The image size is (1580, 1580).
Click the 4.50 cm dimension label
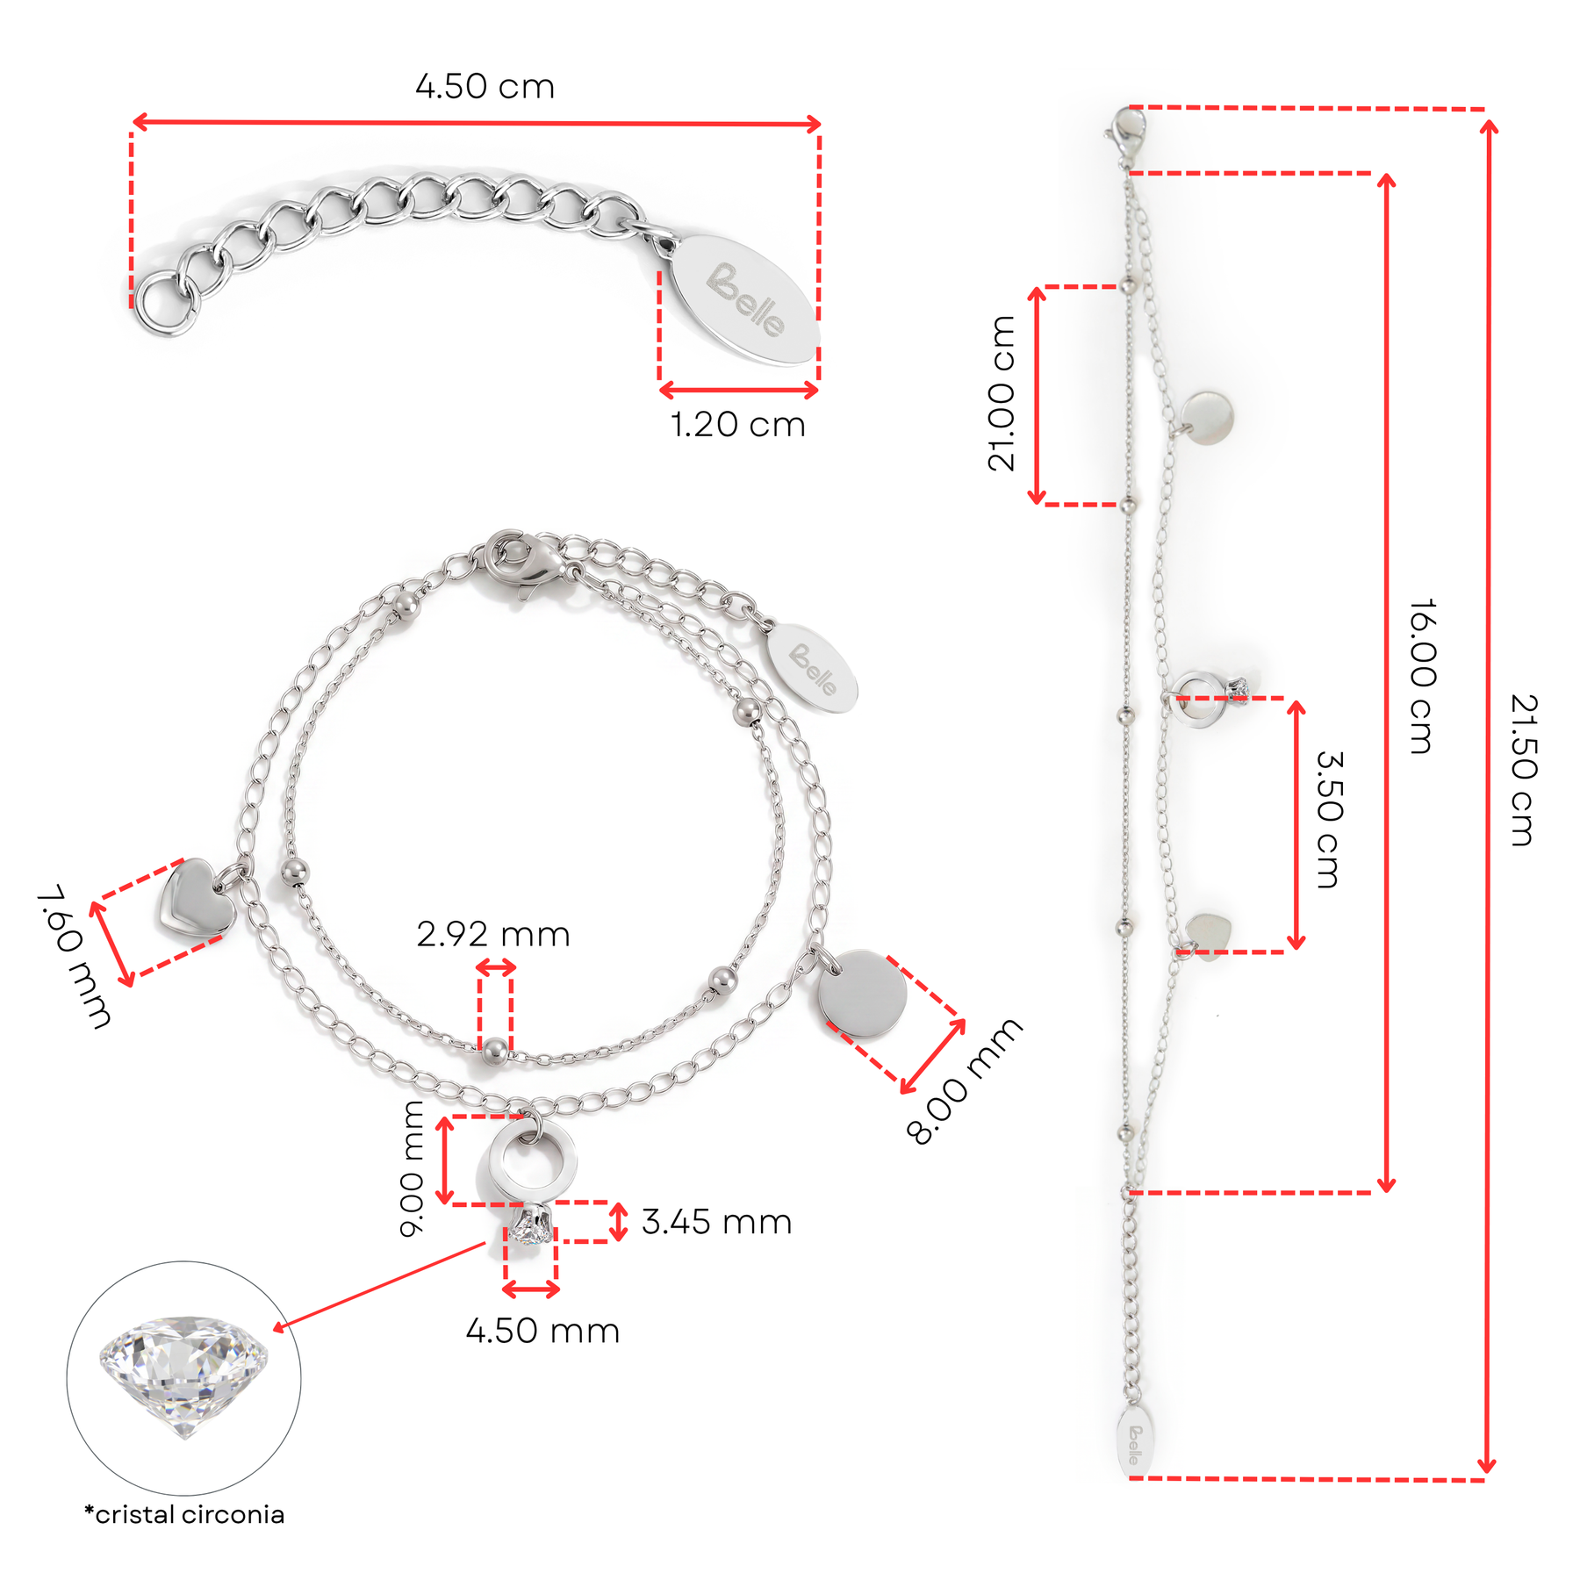(x=485, y=87)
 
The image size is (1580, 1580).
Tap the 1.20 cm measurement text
(x=737, y=425)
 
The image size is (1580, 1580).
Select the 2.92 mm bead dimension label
(x=493, y=934)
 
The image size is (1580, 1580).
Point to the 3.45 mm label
(x=716, y=1222)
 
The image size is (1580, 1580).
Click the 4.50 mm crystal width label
(x=542, y=1331)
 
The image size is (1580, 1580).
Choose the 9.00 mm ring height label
(x=412, y=1168)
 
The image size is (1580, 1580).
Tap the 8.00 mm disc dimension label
(x=964, y=1081)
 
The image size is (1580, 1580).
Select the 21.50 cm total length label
(x=1524, y=770)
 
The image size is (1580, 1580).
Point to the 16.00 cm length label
(x=1422, y=677)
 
